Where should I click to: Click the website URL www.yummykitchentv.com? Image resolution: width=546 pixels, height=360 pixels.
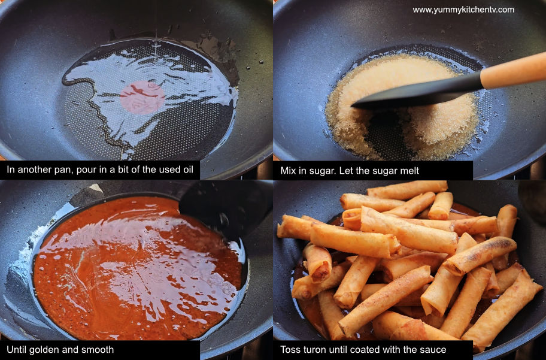coord(463,10)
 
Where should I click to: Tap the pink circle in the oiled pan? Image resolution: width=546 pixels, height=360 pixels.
coord(142,98)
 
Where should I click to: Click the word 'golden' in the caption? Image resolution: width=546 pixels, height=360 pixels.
coord(41,350)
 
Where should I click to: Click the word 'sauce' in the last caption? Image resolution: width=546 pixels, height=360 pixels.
coord(434,350)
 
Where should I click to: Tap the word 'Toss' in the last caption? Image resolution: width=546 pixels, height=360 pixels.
coord(290,350)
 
